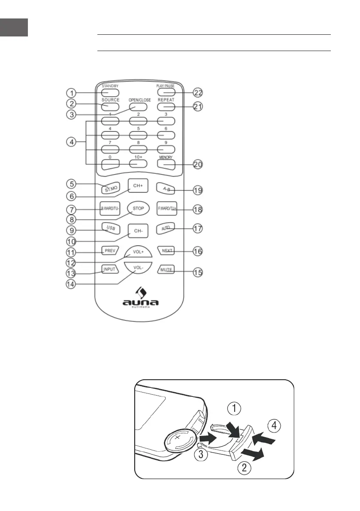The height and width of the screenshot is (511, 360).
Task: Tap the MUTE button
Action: [166, 270]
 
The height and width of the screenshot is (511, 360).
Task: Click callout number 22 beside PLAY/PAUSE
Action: [197, 93]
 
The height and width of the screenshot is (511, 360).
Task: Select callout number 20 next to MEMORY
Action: [197, 164]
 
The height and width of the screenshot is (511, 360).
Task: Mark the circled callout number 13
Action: [72, 272]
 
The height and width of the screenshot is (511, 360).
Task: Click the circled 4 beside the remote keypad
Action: [72, 142]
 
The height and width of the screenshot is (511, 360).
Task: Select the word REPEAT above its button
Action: [166, 100]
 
